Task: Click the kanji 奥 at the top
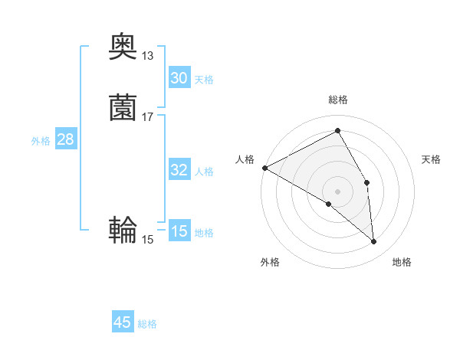pos(123,47)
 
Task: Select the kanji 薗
pos(123,109)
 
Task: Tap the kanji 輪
pos(123,231)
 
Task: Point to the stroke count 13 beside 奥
pos(147,56)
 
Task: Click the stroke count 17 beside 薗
pos(147,117)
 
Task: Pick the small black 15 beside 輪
pos(147,240)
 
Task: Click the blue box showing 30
pos(179,78)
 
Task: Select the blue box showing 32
pos(179,170)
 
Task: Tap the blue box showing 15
pos(179,231)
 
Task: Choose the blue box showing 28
pos(65,139)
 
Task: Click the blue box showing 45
pos(123,322)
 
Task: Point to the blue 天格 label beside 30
pos(204,79)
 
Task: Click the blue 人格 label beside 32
pos(204,171)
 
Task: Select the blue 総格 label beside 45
pos(147,323)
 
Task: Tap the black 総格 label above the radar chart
pos(338,100)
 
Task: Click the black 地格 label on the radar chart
pos(402,262)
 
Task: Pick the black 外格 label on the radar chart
pos(270,262)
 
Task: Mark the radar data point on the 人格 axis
pos(264,168)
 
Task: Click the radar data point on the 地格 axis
pos(373,242)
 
